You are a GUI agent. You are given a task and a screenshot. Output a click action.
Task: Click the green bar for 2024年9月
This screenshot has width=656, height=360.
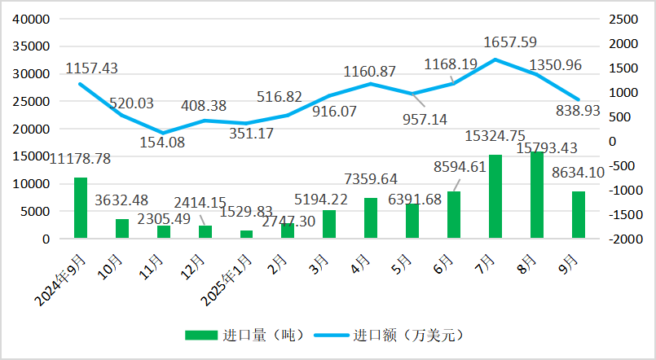80,208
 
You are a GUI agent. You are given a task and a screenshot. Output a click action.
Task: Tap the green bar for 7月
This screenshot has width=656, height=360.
495,196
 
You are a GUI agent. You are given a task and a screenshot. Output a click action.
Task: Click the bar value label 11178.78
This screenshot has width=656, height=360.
80,158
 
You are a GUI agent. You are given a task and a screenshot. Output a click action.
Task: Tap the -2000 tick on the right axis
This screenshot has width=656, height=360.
615,239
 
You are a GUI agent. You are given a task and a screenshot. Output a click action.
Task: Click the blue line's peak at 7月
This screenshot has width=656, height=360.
495,59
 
